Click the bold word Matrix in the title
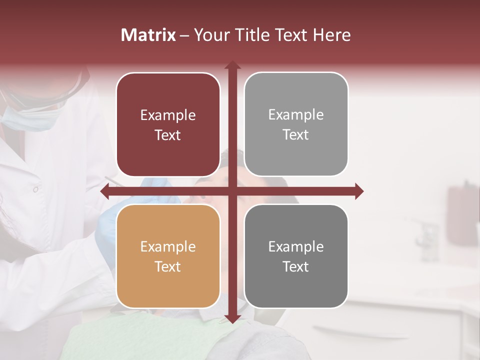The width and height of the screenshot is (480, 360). [x=148, y=35]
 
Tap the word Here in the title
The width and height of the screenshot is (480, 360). [x=332, y=35]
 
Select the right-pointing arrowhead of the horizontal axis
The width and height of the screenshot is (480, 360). [x=358, y=191]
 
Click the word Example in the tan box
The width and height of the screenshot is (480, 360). [x=168, y=247]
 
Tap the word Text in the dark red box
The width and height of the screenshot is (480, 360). [x=168, y=135]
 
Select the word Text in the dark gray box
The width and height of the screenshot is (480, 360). [x=296, y=267]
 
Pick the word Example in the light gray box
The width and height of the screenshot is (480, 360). [x=296, y=115]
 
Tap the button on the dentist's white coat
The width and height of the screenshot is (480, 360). [x=35, y=189]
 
